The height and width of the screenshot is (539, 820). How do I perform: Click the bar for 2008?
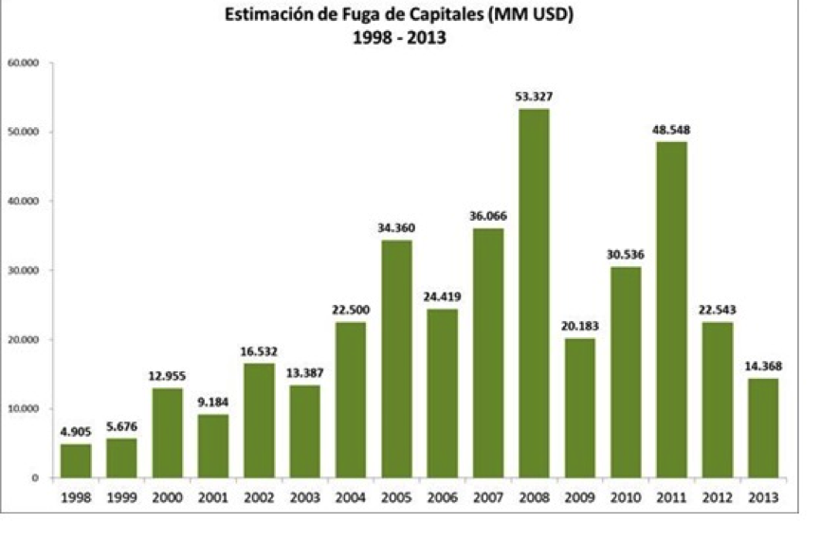(534, 293)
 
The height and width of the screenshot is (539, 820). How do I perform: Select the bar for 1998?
(76, 460)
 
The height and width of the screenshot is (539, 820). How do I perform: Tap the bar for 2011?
(671, 309)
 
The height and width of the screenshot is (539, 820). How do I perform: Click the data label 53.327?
(534, 96)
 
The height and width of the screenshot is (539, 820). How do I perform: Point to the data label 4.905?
(76, 431)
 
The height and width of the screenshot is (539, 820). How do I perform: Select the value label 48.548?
(671, 129)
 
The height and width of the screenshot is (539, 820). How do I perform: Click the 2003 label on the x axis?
(304, 496)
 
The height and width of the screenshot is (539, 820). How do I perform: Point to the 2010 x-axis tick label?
(625, 496)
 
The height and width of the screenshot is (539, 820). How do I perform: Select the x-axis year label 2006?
(442, 496)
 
